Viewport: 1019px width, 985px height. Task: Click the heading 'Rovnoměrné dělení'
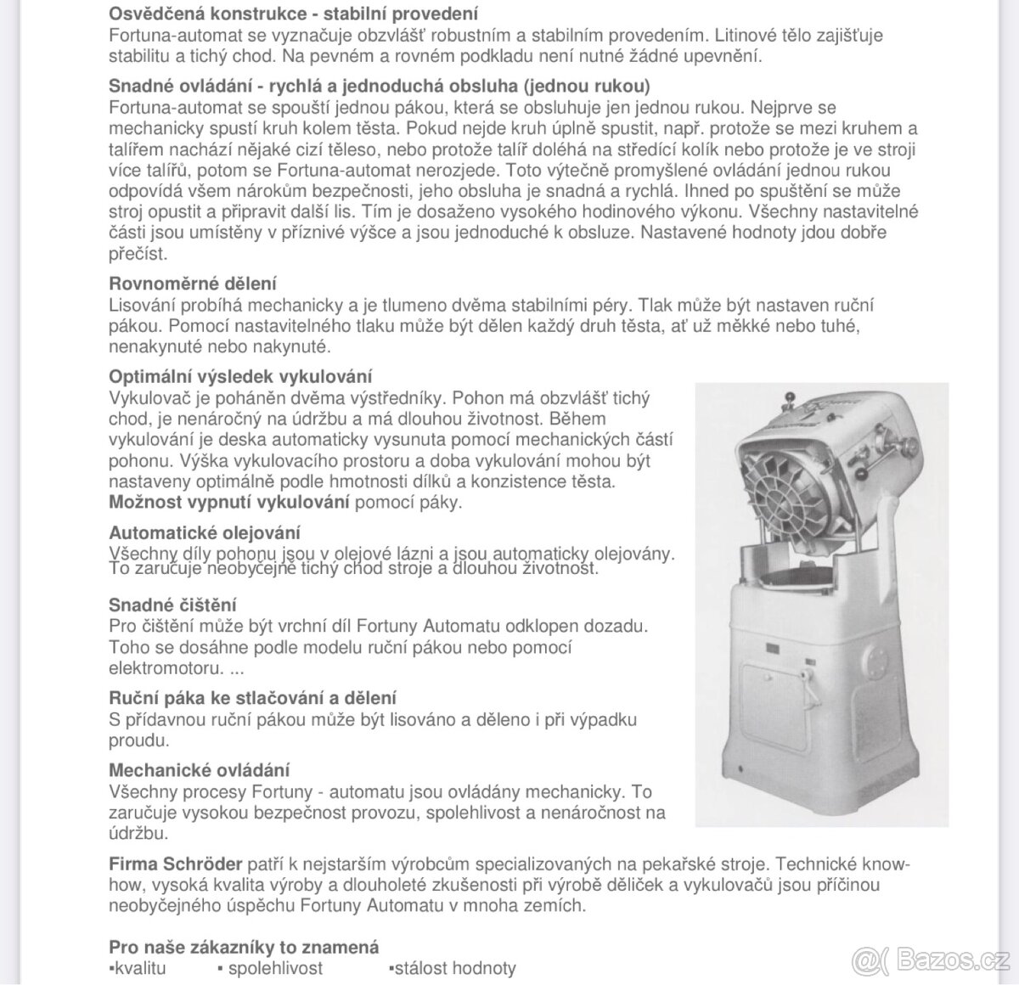(192, 284)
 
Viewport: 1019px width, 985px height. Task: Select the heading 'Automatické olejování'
(204, 533)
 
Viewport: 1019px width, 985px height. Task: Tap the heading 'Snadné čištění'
(172, 605)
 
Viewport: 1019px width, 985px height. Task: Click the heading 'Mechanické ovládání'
(199, 771)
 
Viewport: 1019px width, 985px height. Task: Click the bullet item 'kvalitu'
(139, 969)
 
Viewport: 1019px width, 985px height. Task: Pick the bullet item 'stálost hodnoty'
(453, 969)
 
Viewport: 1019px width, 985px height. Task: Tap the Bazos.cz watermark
(932, 960)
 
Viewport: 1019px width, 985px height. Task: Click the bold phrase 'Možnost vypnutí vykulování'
(229, 502)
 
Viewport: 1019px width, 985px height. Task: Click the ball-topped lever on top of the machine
(789, 397)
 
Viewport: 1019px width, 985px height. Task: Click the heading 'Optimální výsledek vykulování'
(240, 377)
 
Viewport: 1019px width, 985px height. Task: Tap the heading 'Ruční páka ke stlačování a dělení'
(252, 699)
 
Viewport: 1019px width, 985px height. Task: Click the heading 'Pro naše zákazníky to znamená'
(244, 948)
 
